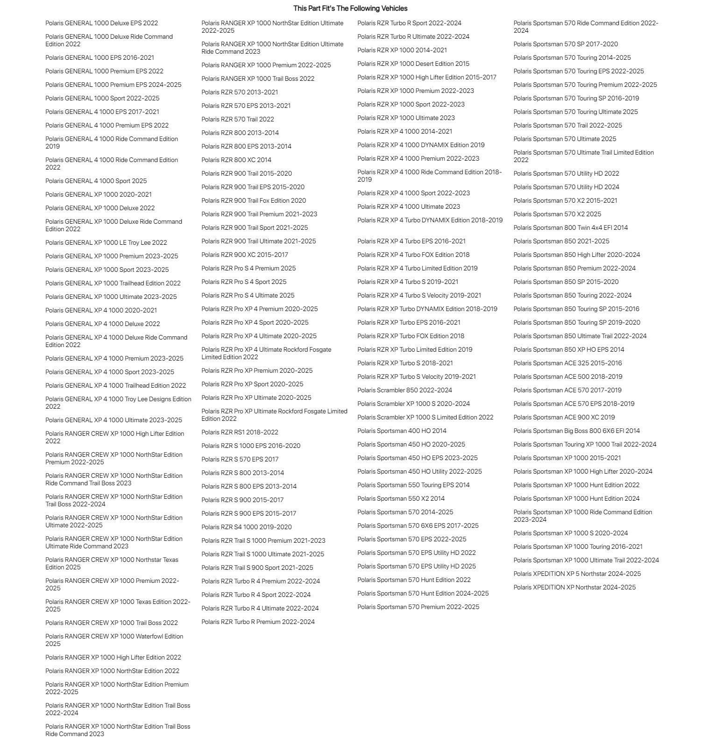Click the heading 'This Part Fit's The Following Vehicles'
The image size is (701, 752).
pyautogui.click(x=350, y=8)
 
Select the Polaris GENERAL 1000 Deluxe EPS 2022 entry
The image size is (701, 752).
pyautogui.click(x=101, y=23)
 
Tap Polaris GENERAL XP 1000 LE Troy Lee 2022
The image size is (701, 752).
pyautogui.click(x=106, y=242)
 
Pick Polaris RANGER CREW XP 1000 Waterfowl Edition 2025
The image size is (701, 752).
pyautogui.click(x=114, y=640)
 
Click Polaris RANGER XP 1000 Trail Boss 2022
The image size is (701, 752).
pyautogui.click(x=258, y=78)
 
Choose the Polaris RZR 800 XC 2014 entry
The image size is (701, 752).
pyautogui.click(x=236, y=160)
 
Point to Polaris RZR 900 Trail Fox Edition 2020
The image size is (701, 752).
pyautogui.click(x=254, y=200)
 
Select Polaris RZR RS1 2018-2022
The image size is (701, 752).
pyautogui.click(x=240, y=432)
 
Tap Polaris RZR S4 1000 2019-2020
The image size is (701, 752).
pyautogui.click(x=247, y=527)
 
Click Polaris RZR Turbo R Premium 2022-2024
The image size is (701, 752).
pyautogui.click(x=258, y=622)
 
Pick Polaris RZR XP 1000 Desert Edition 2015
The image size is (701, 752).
pyautogui.click(x=413, y=64)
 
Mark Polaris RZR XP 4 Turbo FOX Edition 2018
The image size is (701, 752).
pyautogui.click(x=413, y=255)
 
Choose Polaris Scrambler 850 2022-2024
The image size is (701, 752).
pyautogui.click(x=404, y=390)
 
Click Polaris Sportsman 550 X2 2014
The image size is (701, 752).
pyautogui.click(x=401, y=498)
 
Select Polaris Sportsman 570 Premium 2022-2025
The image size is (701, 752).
pyautogui.click(x=418, y=607)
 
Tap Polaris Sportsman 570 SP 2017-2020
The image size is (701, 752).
pyautogui.click(x=566, y=44)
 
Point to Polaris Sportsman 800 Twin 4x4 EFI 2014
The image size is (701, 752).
pyautogui.click(x=571, y=227)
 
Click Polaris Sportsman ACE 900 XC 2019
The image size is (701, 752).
pyautogui.click(x=564, y=417)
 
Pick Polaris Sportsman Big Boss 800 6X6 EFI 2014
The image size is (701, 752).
pyautogui.click(x=577, y=431)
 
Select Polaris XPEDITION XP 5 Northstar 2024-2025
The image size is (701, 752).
pyautogui.click(x=577, y=574)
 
